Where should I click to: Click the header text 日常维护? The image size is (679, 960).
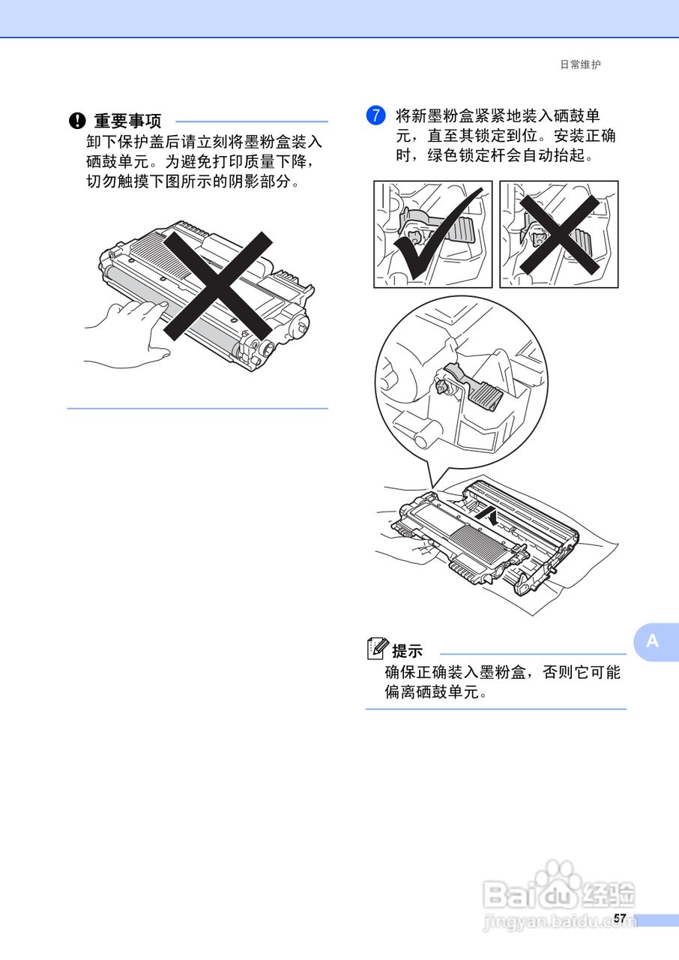click(580, 65)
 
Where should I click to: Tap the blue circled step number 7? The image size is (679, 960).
click(375, 116)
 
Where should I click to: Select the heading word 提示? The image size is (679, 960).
click(408, 651)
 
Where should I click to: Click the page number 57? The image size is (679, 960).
click(619, 919)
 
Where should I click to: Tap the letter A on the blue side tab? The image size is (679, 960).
click(652, 641)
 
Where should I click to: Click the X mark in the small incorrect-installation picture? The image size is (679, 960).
click(559, 234)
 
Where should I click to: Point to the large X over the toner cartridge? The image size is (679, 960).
click(217, 285)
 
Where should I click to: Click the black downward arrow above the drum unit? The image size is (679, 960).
click(488, 516)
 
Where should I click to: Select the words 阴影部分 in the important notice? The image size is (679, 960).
click(262, 182)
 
